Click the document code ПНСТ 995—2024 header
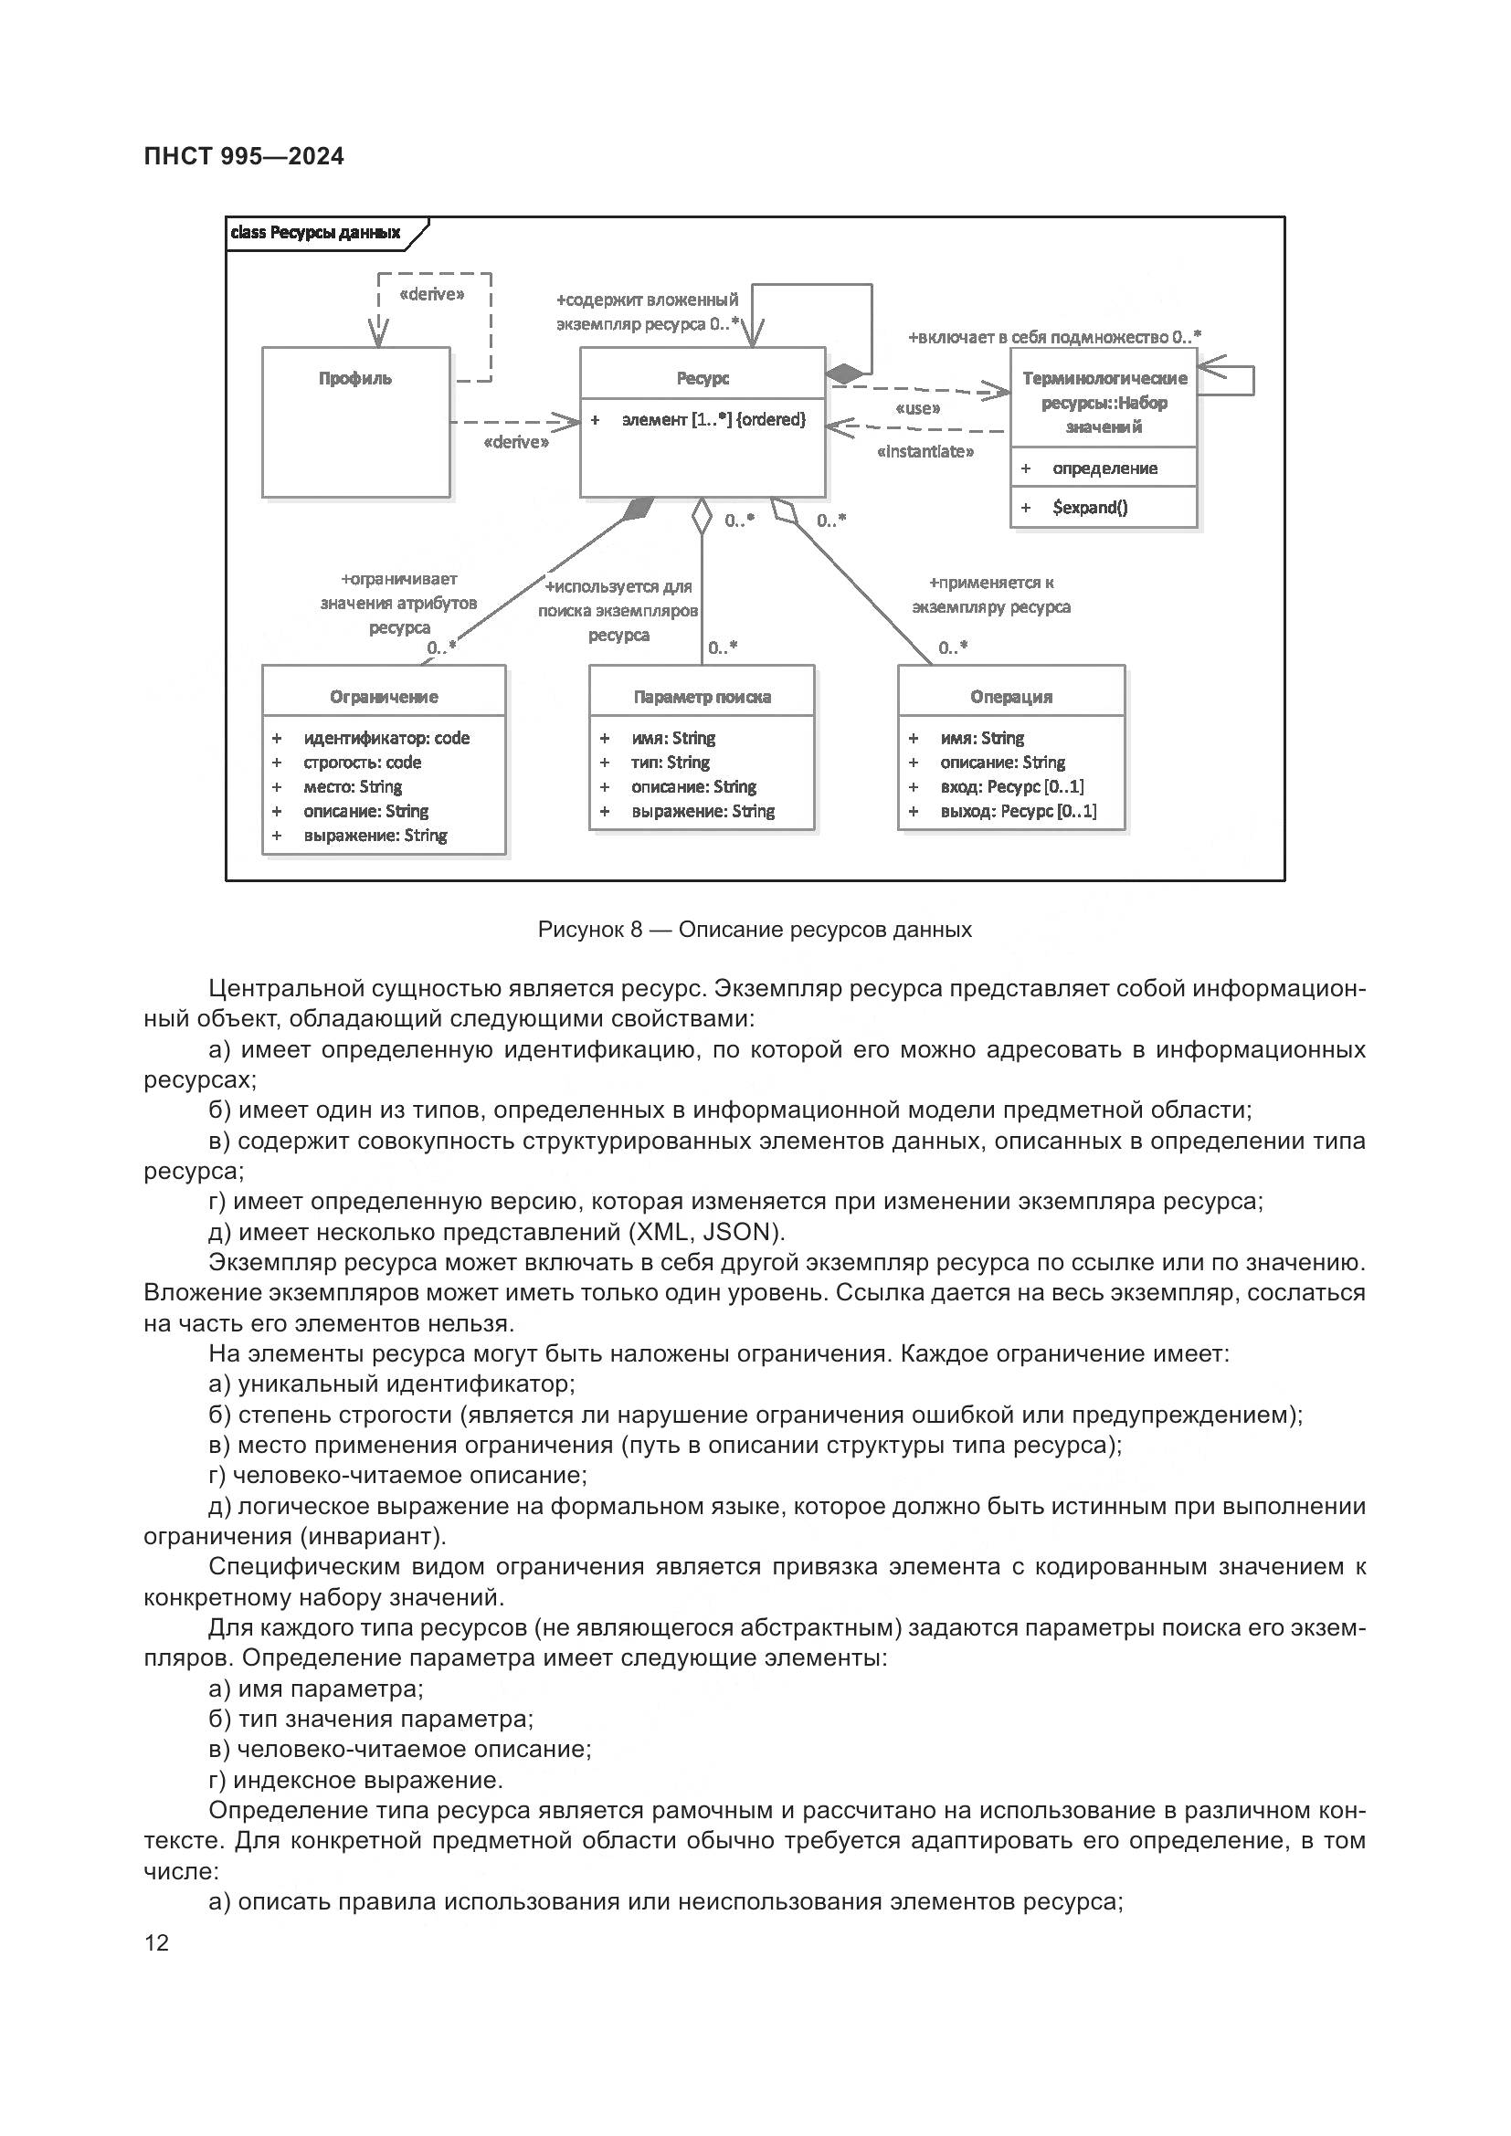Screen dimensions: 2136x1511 click(244, 156)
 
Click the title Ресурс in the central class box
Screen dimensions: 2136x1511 click(703, 378)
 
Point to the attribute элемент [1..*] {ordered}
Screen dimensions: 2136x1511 click(713, 419)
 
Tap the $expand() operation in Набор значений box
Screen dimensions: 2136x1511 click(1090, 507)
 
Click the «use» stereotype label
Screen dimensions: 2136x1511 click(916, 408)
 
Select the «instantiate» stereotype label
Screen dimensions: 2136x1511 click(925, 452)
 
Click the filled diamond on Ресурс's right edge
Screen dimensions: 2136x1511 click(845, 374)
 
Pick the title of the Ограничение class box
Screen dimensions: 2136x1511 click(384, 696)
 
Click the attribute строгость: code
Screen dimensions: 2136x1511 click(362, 762)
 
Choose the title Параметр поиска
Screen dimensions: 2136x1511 click(702, 696)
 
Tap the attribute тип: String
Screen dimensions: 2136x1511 click(670, 762)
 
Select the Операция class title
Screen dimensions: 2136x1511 click(1010, 696)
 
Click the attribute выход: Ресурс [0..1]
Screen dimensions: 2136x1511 click(1018, 810)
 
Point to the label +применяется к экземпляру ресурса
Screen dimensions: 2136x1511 click(991, 595)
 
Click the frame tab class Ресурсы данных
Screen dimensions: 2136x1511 click(315, 233)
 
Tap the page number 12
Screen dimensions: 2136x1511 click(157, 1942)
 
